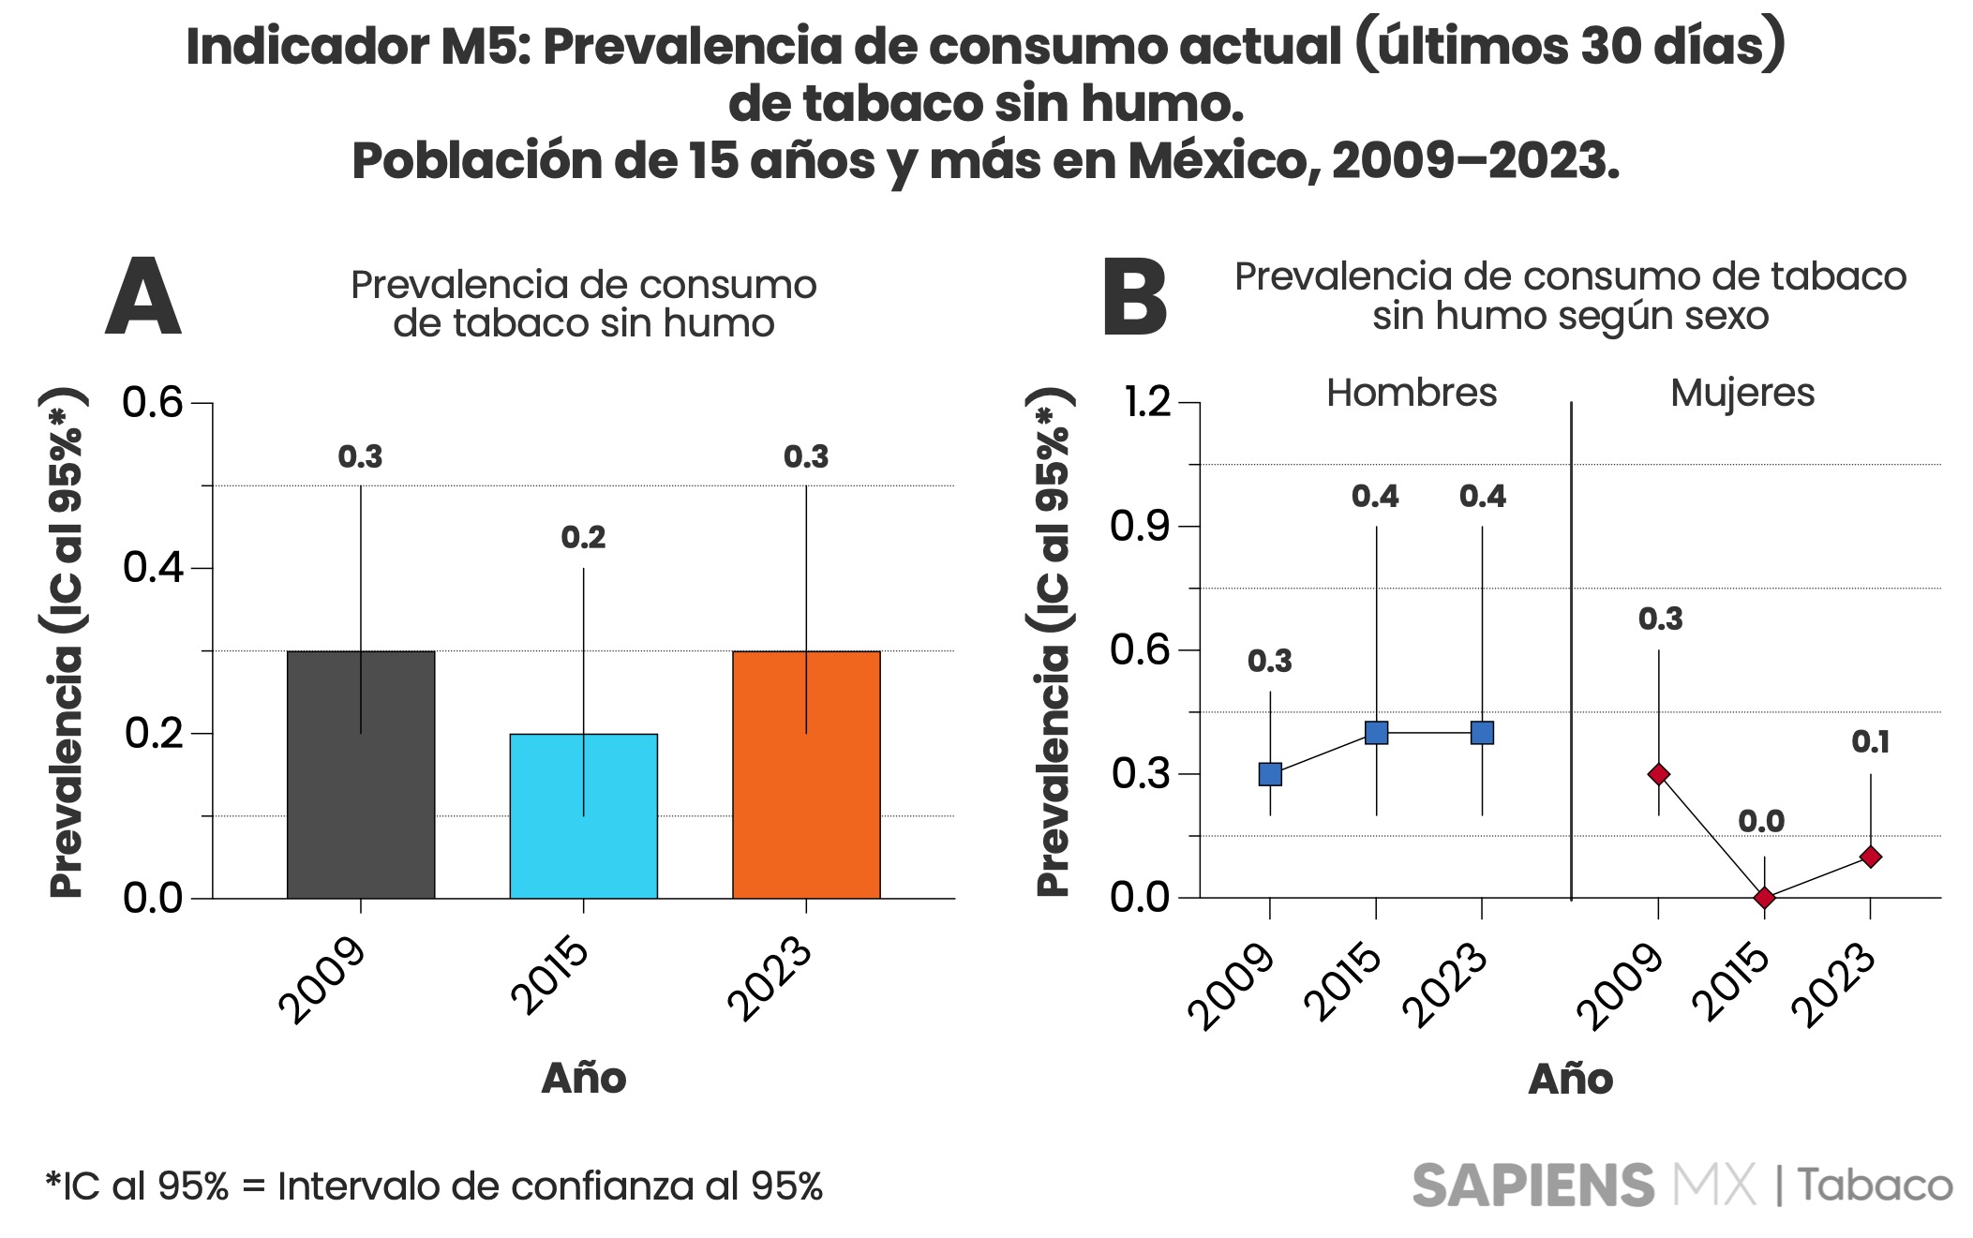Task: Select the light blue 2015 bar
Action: point(583,815)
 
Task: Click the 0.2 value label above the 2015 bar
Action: point(583,538)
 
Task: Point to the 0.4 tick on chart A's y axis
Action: point(154,568)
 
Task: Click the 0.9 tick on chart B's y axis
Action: point(1140,527)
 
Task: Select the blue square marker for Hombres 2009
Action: point(1270,774)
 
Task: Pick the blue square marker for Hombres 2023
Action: point(1482,733)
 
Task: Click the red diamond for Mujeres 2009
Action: point(1659,774)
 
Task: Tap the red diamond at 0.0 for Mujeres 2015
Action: point(1765,898)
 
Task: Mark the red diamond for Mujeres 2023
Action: point(1871,857)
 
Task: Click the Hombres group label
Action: point(1412,393)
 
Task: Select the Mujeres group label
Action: point(1742,393)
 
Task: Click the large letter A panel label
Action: point(142,298)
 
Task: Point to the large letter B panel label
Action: point(1135,298)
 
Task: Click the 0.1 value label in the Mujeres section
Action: point(1871,742)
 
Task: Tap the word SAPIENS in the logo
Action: point(1532,1186)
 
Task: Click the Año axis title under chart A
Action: point(583,1078)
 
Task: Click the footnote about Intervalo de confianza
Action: point(434,1186)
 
